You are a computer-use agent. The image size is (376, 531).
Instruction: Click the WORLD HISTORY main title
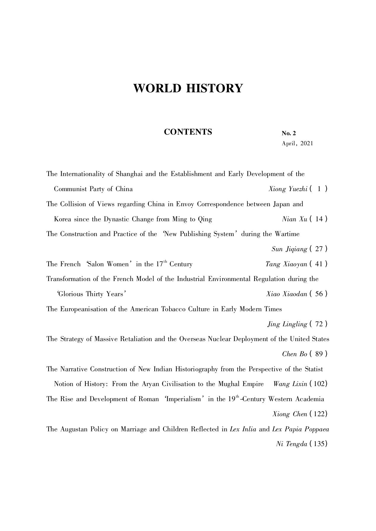[188, 88]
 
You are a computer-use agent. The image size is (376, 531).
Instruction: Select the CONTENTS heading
[188, 132]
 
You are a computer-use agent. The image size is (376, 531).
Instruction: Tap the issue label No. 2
[289, 133]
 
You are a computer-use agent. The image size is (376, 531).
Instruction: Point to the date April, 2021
[297, 144]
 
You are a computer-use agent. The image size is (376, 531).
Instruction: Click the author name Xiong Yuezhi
[288, 189]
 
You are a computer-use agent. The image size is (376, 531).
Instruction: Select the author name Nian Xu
[295, 219]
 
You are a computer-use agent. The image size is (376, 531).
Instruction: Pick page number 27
[319, 249]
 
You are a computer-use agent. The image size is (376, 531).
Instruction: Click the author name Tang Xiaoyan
[286, 264]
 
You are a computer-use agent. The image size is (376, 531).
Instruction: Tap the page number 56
[319, 294]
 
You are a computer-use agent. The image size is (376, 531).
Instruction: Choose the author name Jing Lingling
[287, 324]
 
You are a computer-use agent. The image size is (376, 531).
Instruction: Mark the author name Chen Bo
[295, 354]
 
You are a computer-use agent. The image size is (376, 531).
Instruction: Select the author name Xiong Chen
[290, 414]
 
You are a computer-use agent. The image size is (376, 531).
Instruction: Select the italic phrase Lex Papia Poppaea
[300, 429]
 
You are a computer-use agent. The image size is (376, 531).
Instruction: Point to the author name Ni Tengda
[292, 444]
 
